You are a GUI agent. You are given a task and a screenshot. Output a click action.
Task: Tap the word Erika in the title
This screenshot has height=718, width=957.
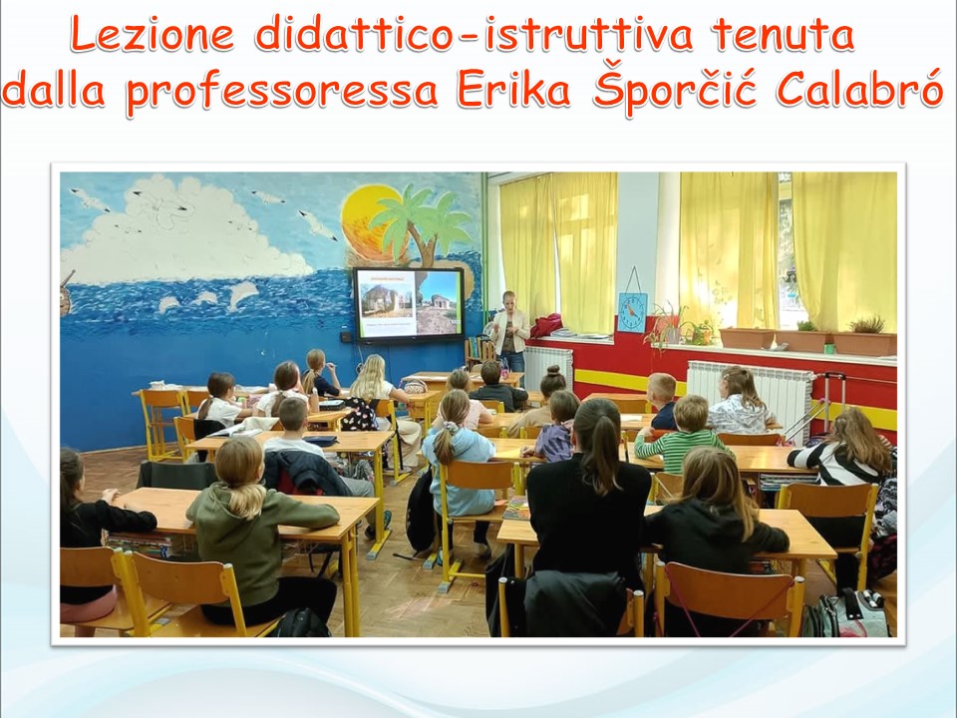coord(513,91)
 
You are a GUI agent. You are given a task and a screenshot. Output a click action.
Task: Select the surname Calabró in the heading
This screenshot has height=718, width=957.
coord(860,89)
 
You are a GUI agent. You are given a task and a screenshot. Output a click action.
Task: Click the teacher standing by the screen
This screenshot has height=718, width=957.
coord(509,331)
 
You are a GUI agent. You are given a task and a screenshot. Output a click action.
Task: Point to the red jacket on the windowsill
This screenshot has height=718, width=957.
coord(547,325)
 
